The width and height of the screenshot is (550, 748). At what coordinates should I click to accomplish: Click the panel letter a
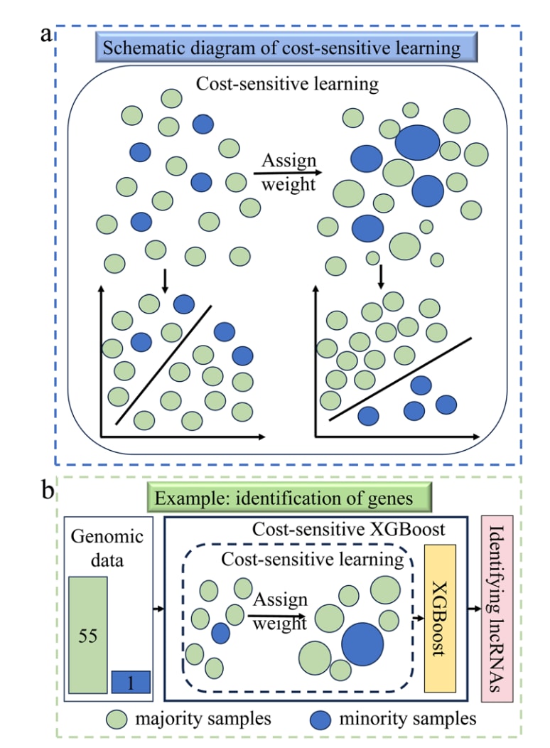tap(45, 35)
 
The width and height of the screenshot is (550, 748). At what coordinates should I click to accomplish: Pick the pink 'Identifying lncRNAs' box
tap(497, 609)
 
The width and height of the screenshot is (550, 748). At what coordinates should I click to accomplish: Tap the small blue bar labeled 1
tap(131, 682)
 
